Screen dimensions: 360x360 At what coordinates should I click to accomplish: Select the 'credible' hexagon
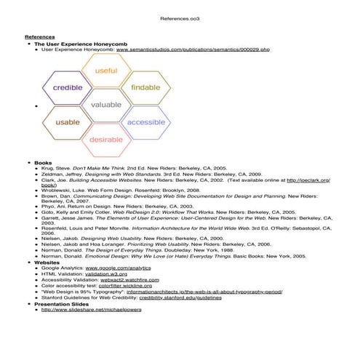click(68, 88)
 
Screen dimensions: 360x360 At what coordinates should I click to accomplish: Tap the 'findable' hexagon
click(145, 88)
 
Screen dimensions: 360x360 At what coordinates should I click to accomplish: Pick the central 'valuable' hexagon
click(106, 105)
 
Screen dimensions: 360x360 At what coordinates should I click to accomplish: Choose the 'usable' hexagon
click(68, 122)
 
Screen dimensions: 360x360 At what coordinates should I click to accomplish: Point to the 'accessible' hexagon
click(145, 122)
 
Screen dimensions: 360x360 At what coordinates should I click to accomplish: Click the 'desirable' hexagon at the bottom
click(106, 139)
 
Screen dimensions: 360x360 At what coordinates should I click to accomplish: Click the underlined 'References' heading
click(40, 37)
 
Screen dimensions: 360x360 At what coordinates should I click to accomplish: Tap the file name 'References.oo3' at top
click(179, 16)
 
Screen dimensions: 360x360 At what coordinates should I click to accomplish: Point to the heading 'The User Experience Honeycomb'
click(79, 44)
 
